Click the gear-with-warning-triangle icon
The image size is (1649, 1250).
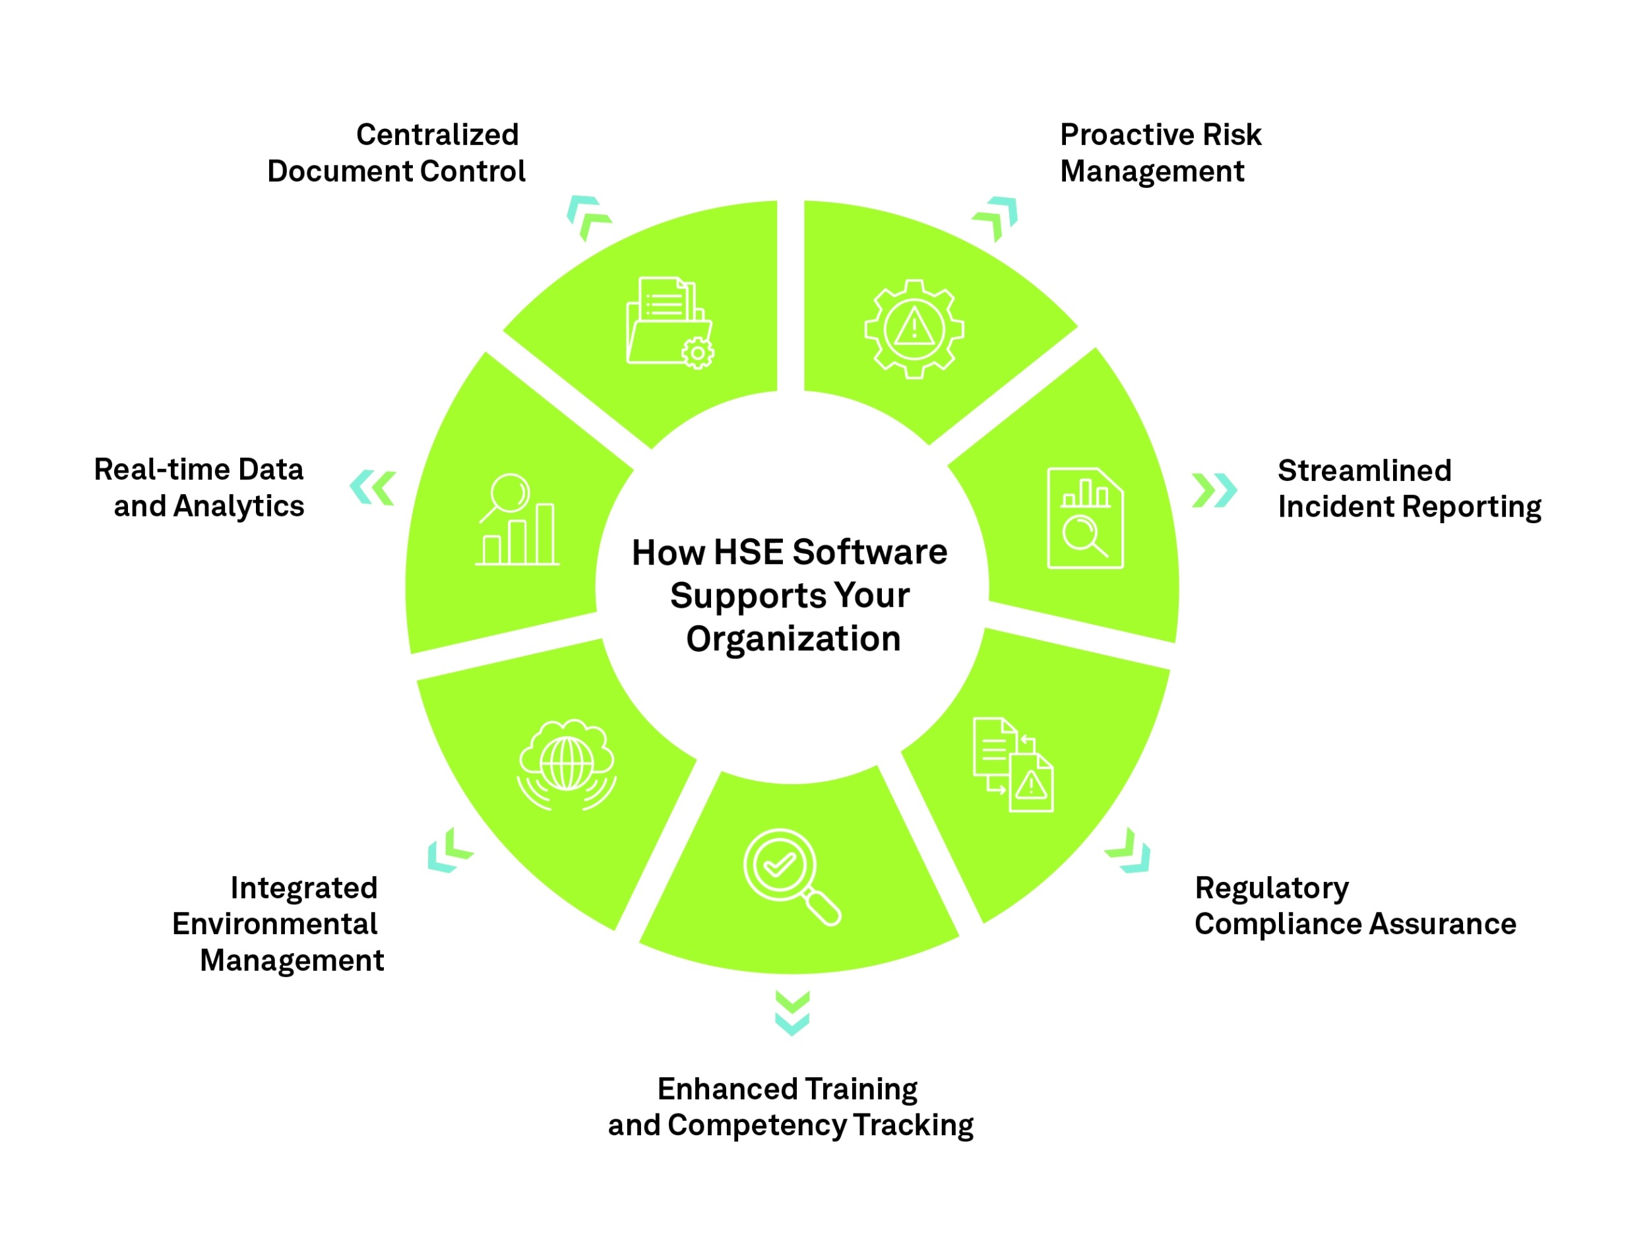(914, 328)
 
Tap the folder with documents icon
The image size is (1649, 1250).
(669, 323)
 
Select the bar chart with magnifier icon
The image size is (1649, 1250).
(516, 520)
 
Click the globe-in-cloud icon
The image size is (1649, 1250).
(567, 765)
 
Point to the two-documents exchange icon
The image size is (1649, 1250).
(1012, 765)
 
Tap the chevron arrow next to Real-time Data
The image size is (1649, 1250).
(372, 488)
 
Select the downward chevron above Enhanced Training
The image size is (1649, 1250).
(792, 1014)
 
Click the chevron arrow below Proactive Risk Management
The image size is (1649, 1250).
(996, 218)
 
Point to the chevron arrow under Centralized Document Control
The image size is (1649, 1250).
(588, 217)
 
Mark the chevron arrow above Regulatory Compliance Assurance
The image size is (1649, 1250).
(1129, 851)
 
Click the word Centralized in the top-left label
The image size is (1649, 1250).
(437, 135)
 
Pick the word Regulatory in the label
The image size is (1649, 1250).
(1272, 889)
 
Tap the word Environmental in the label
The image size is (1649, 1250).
(274, 924)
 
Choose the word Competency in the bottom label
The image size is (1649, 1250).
(756, 1125)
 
